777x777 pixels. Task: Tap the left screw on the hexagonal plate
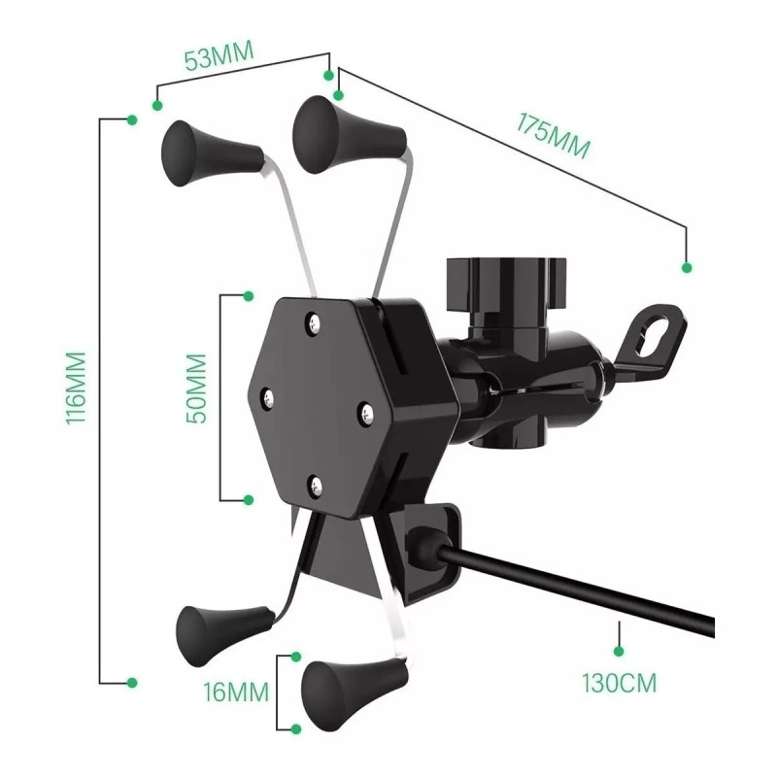pyautogui.click(x=264, y=396)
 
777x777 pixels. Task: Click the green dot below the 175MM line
pyautogui.click(x=688, y=267)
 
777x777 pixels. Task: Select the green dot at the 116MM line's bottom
pyautogui.click(x=133, y=682)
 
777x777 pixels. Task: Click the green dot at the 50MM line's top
pyautogui.click(x=248, y=294)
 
